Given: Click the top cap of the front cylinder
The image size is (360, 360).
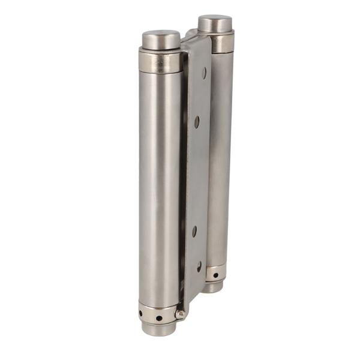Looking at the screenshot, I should point(161,40).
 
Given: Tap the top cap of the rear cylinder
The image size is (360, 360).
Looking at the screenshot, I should point(215,24).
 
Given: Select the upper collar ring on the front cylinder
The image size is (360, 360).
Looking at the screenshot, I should point(160,62).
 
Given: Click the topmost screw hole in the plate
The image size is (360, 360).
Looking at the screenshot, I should point(204,73).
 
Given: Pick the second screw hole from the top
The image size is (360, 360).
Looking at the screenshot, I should point(196,121).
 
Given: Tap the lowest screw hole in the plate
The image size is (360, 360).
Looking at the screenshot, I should point(199,266).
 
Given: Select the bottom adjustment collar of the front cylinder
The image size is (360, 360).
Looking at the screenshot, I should point(157,313).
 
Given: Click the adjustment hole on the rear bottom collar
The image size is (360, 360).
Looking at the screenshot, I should point(215,275).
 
